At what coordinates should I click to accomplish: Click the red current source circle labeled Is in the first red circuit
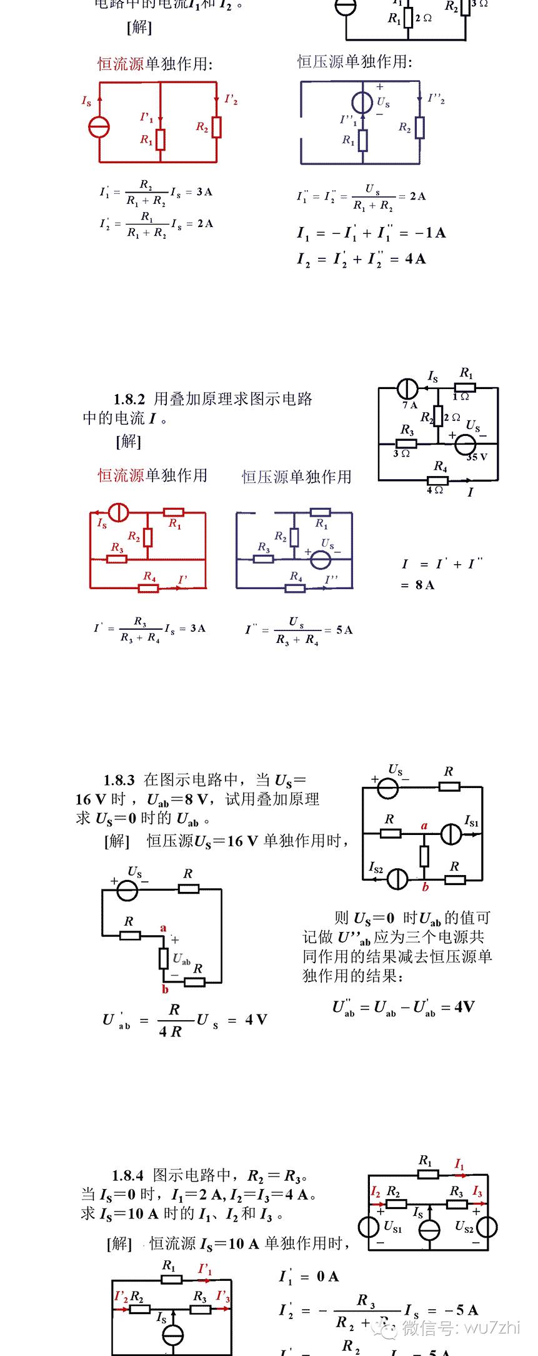point(99,127)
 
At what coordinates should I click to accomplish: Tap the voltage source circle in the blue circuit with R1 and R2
point(362,101)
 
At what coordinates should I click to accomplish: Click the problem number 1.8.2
point(129,399)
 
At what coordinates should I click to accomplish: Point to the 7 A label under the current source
point(410,405)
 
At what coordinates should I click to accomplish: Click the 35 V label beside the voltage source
point(477,457)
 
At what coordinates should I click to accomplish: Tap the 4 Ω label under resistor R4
point(435,490)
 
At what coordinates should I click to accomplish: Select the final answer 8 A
point(424,585)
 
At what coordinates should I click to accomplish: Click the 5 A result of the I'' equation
point(344,630)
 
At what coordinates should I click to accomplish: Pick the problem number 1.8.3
point(119,781)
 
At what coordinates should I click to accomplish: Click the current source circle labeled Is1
point(451,834)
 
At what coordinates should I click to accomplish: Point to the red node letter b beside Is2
point(426,887)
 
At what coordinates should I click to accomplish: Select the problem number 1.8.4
point(127,1176)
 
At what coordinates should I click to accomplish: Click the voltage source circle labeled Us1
point(369,1227)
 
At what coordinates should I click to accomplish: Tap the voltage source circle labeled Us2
point(487,1227)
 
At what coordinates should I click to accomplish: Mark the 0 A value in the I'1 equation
point(327,1277)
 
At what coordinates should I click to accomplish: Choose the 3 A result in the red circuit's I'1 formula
point(204,192)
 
